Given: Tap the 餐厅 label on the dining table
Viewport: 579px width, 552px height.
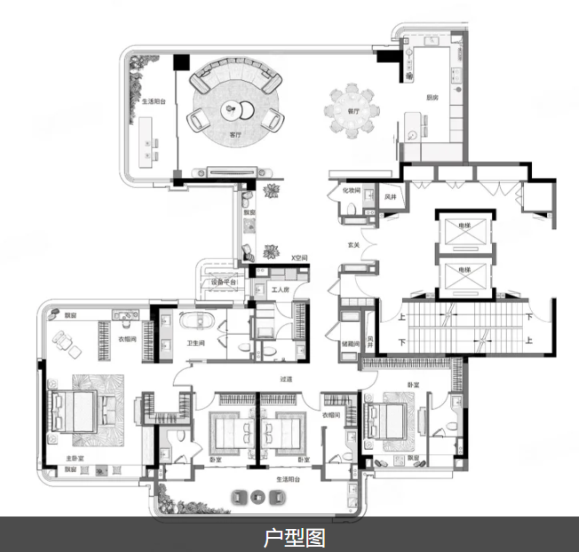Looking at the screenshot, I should [353, 112].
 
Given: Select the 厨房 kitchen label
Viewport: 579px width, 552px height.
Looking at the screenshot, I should [432, 98].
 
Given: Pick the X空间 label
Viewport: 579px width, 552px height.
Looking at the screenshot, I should [298, 258].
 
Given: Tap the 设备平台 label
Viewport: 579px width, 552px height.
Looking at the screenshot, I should [222, 282].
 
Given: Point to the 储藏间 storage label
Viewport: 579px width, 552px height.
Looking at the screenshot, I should [350, 343].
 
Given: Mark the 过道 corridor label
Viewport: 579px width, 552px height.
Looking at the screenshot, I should [286, 379].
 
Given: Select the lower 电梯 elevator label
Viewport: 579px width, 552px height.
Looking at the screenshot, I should [464, 270].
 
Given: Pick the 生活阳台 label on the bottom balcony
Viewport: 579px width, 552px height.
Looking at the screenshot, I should [289, 478].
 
